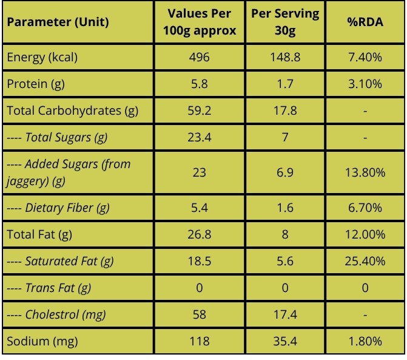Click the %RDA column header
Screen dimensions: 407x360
365,22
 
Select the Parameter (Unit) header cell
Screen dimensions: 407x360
58,22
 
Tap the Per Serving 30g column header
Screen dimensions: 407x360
285,22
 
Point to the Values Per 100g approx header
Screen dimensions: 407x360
200,22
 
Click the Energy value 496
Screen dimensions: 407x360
200,57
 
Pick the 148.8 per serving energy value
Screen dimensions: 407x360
285,57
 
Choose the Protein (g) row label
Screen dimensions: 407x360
36,84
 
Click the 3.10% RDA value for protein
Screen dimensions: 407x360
365,84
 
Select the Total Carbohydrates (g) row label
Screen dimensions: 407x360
72,111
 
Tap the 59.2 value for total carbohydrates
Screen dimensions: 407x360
200,110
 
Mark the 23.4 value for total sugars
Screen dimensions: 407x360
200,137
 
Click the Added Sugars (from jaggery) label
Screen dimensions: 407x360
69,172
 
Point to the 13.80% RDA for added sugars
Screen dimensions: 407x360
365,172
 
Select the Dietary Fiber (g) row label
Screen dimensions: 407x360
58,208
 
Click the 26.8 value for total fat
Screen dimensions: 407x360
200,234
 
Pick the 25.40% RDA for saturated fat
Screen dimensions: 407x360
365,261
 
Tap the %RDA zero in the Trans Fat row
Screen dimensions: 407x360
365,288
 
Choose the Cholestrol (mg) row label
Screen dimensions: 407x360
56,315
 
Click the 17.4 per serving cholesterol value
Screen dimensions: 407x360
285,314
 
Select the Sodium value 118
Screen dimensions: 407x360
200,341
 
